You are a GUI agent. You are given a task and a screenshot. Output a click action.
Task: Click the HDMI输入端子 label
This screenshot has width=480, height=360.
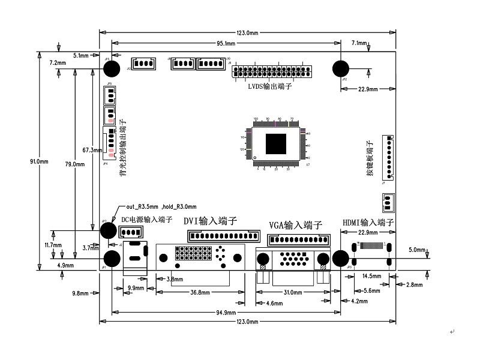tap(368, 223)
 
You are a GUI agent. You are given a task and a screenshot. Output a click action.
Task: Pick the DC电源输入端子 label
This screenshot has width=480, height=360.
tap(147, 220)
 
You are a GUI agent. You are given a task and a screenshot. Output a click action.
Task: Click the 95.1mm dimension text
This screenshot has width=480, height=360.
tap(226, 44)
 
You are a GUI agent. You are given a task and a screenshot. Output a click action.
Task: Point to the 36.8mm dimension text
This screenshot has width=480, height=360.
tap(200, 293)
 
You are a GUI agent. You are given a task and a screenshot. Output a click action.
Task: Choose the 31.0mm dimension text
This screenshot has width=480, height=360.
tap(292, 293)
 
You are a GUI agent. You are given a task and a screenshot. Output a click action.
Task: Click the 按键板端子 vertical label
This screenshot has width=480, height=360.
tap(370, 158)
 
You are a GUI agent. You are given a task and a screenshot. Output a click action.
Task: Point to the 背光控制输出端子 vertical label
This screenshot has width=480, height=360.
tap(122, 150)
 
